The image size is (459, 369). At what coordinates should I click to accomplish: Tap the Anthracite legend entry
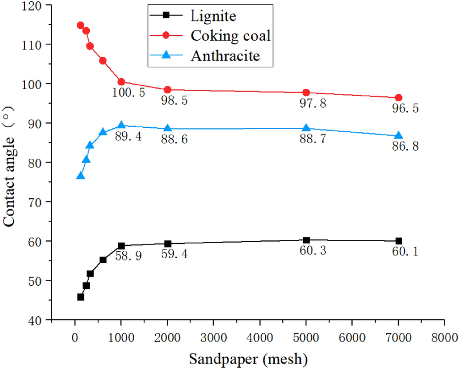pos(225,56)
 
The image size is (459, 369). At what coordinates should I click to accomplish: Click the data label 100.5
pos(128,93)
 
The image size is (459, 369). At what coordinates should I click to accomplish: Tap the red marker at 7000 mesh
pos(399,98)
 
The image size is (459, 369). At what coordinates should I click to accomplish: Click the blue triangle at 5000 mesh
pos(306,128)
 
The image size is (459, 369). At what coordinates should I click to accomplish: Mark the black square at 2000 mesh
pos(168,244)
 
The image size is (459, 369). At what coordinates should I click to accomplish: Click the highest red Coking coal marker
pos(81,25)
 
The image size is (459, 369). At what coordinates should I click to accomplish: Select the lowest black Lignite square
pos(81,297)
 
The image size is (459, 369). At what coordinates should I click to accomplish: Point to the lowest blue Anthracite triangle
pos(81,176)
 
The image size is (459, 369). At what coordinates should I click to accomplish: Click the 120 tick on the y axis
pos(40,6)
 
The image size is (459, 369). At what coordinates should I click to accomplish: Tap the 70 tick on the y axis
pos(40,202)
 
